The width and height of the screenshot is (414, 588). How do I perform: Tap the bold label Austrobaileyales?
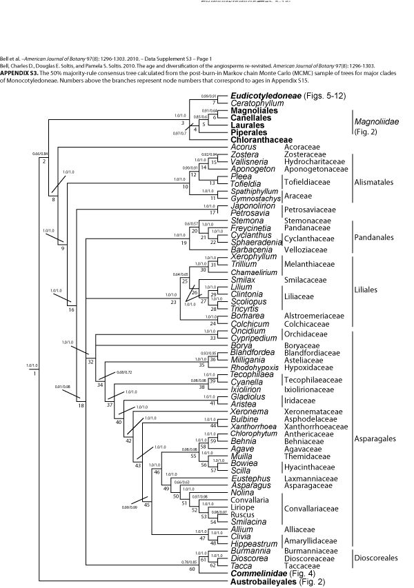tap(265, 582)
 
